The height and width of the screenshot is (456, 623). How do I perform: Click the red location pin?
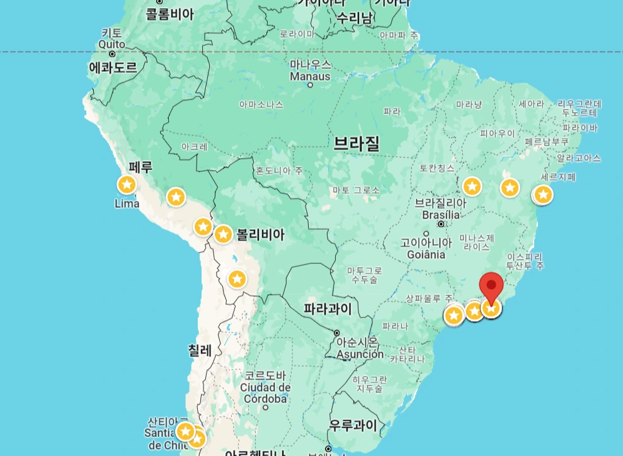491,287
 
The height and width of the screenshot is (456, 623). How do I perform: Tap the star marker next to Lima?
127,185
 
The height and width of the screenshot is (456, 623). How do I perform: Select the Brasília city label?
441,215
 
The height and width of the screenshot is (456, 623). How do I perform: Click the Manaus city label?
310,76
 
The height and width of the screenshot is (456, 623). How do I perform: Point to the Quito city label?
111,45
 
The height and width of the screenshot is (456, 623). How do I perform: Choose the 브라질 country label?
357,144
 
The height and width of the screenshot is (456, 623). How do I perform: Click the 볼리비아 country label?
260,235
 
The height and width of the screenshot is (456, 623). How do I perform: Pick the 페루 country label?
140,168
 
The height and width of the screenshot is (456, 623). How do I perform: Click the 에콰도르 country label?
113,68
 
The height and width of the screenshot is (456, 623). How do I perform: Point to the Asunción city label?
360,354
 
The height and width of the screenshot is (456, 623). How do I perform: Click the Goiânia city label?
426,254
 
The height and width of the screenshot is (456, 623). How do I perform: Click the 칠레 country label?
200,350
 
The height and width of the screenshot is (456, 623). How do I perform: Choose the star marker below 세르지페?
542,195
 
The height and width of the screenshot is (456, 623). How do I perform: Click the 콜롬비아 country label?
170,14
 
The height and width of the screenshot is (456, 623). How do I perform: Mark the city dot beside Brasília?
442,224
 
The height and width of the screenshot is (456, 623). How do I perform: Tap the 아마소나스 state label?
261,105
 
